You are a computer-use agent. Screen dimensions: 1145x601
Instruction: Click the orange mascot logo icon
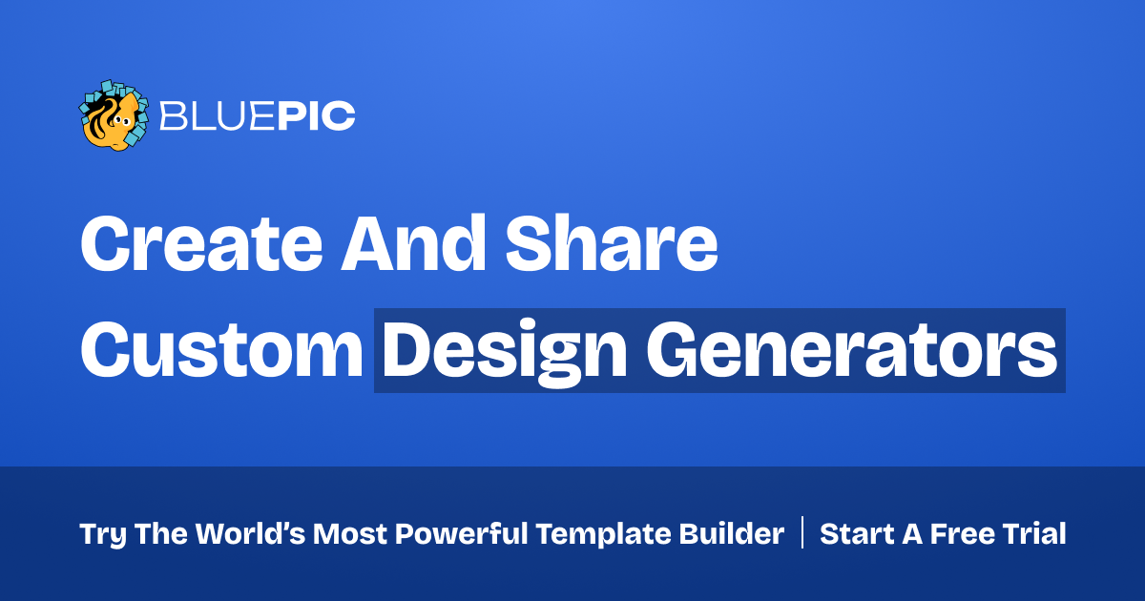[x=114, y=115]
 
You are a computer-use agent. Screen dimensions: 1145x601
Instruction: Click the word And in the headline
[x=413, y=242]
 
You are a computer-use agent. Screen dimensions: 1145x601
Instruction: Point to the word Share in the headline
[x=612, y=242]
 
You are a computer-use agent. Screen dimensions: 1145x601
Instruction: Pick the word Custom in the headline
[x=221, y=351]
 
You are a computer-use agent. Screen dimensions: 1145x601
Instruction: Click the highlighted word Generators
[x=851, y=351]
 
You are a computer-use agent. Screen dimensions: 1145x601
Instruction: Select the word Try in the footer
[x=102, y=534]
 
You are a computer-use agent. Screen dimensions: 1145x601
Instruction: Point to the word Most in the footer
[x=349, y=534]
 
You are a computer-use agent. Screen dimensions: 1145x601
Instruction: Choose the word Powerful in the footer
[x=461, y=533]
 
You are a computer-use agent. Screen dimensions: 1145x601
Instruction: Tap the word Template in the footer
[x=603, y=534]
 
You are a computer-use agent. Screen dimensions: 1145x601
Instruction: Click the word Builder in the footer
[x=732, y=533]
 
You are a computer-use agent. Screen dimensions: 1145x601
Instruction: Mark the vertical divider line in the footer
[x=802, y=532]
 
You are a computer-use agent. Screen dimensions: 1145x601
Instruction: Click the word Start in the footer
[x=856, y=534]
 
